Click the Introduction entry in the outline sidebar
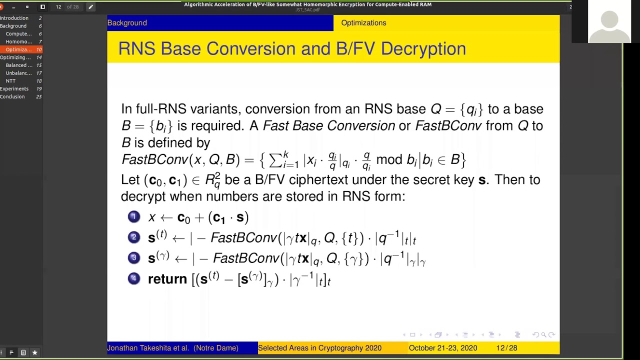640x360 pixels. [x=14, y=18]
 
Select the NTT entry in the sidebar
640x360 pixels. [x=10, y=81]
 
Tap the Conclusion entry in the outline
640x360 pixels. [x=12, y=96]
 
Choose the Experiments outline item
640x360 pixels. [x=14, y=89]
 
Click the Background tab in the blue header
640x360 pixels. [x=127, y=23]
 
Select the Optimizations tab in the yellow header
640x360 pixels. [x=363, y=23]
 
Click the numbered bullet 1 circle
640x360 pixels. [x=133, y=216]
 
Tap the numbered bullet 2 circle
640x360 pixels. [x=133, y=237]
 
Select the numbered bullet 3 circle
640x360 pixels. [x=133, y=257]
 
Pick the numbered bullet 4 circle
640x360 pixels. [x=133, y=278]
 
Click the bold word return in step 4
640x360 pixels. [x=167, y=279]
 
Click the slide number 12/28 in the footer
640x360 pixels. [x=506, y=348]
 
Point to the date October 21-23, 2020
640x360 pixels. [x=442, y=348]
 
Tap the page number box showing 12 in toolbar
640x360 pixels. [x=58, y=6]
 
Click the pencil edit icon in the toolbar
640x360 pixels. [x=90, y=6]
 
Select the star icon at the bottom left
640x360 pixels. [x=34, y=352]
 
